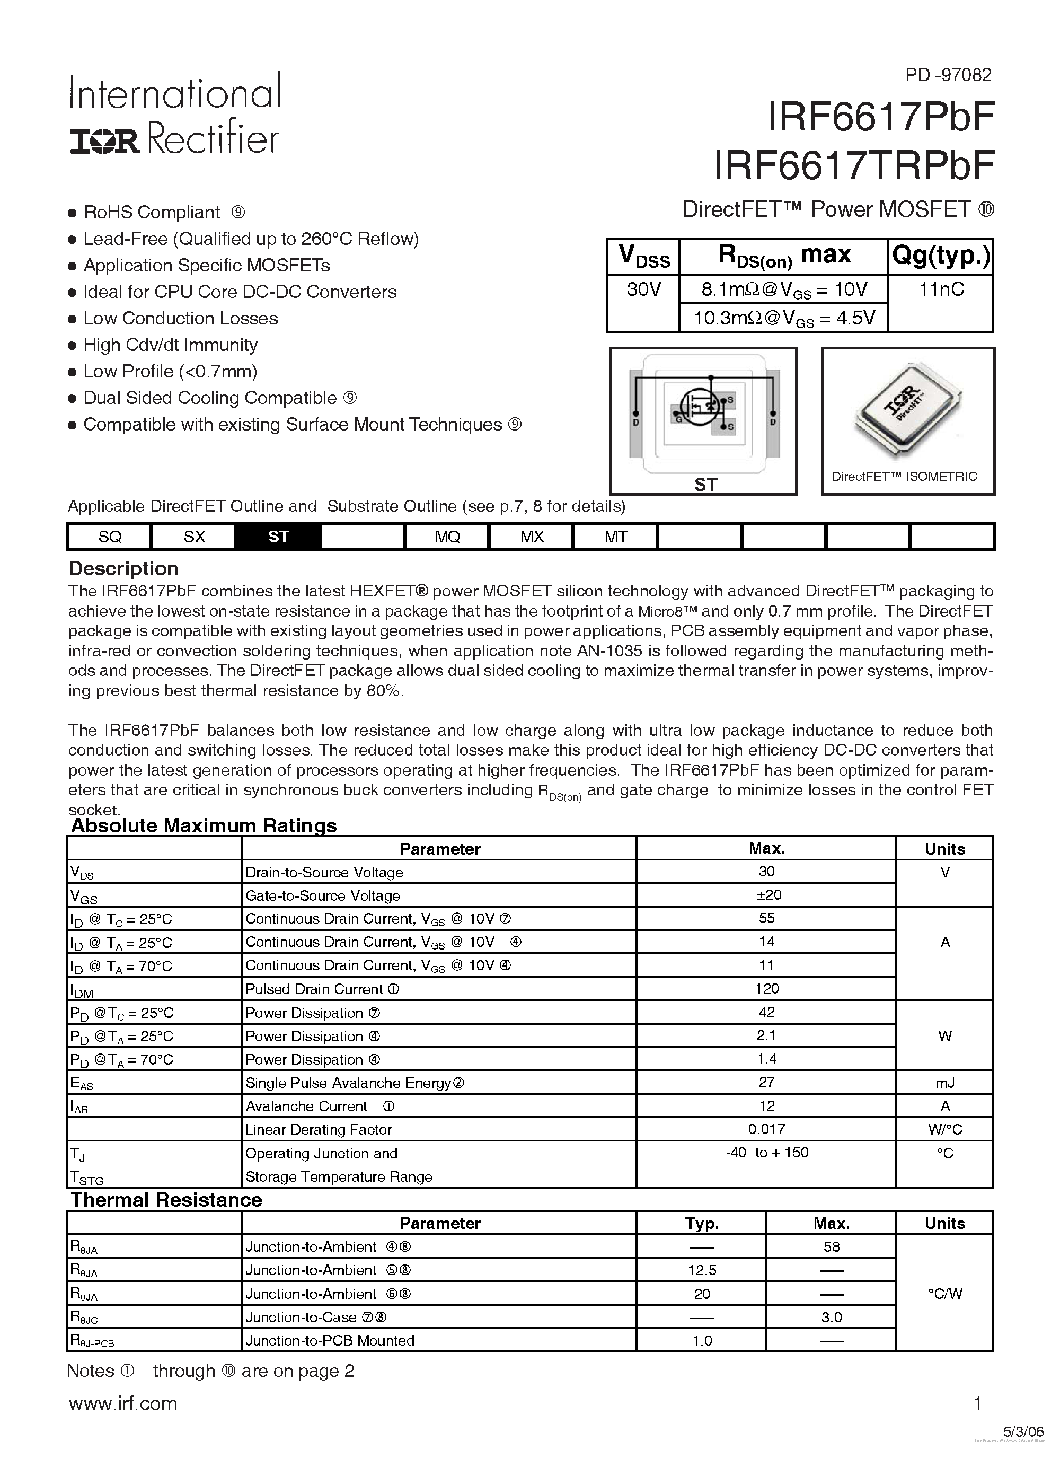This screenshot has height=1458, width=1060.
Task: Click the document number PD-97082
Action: click(948, 75)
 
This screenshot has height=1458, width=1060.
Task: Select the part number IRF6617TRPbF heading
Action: click(854, 166)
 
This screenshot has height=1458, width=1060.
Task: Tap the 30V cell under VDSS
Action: click(643, 289)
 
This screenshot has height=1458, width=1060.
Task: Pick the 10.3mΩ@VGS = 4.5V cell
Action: click(783, 318)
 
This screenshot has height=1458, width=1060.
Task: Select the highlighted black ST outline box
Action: click(278, 536)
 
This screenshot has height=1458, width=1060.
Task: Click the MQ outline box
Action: click(447, 536)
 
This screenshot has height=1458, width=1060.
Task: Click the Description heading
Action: click(123, 568)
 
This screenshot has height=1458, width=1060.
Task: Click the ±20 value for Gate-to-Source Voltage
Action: click(766, 895)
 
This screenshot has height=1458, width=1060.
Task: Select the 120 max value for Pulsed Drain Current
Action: click(766, 989)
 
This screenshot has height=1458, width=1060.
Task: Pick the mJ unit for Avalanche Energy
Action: click(944, 1083)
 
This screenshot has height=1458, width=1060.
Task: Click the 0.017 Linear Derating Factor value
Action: click(766, 1129)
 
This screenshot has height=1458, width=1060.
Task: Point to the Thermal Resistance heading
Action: click(166, 1200)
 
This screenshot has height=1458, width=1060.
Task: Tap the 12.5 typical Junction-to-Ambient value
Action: click(701, 1270)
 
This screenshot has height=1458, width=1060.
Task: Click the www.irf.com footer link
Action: click(123, 1403)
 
